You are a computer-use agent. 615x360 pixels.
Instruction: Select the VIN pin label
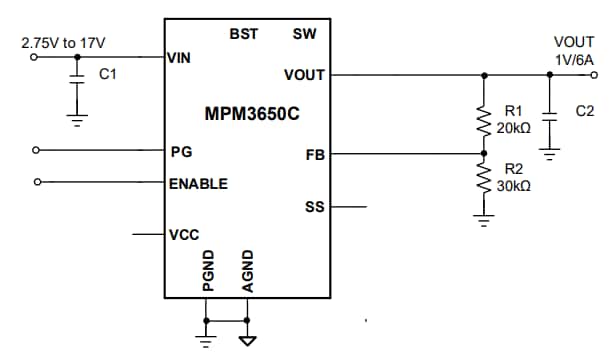click(x=179, y=57)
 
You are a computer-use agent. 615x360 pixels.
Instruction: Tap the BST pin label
click(x=243, y=34)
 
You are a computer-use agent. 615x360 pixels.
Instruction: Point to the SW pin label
click(x=305, y=34)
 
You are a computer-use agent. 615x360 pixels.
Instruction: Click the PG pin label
click(x=181, y=152)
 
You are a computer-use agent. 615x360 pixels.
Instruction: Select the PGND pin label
click(x=207, y=270)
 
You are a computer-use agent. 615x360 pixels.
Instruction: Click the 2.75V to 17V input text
click(x=63, y=42)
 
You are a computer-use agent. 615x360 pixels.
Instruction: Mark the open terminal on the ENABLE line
click(x=37, y=183)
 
